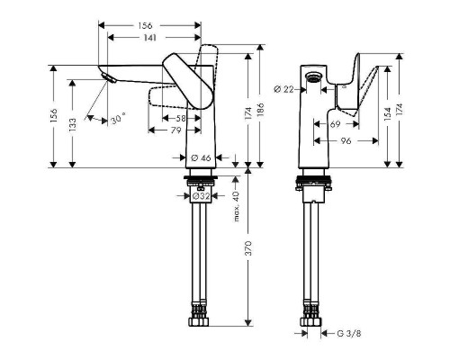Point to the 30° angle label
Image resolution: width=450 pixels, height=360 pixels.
pos(117,118)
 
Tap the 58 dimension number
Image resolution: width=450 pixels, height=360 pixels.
pos(182,119)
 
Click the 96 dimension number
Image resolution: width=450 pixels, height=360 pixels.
pos(345,140)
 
